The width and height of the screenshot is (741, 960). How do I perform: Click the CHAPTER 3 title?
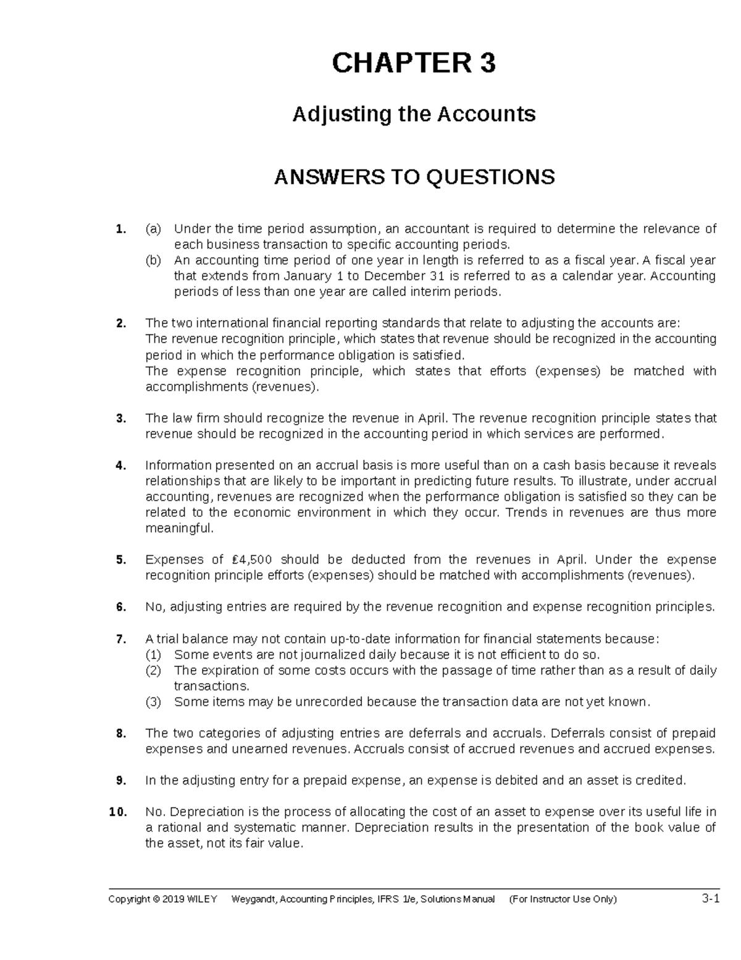coord(414,63)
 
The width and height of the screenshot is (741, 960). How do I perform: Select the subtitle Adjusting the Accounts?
coord(414,114)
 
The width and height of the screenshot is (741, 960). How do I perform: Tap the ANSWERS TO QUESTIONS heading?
coord(414,177)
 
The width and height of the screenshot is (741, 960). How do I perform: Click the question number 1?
coord(120,229)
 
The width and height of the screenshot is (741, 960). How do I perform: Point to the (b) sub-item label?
coord(153,260)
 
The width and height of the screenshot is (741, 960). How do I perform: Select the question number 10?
coord(117,812)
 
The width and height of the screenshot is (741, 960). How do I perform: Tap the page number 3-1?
coord(711,899)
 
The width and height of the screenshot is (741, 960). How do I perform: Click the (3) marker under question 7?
coord(153,702)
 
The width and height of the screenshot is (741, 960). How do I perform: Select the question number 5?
coord(120,559)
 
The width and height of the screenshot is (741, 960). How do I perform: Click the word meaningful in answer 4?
coord(179,529)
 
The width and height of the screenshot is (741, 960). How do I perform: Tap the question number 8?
coord(120,733)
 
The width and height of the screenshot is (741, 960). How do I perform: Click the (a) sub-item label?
coord(153,229)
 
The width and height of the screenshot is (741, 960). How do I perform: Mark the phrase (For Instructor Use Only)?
coord(563,899)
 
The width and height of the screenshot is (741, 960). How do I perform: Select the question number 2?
coord(120,323)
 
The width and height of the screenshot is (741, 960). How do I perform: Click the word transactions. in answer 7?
coord(212,686)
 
